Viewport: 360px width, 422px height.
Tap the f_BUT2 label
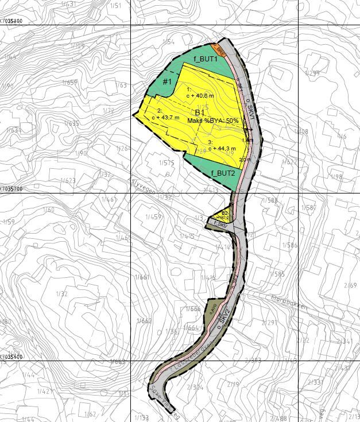point(222,173)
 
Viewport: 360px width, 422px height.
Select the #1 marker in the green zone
point(167,82)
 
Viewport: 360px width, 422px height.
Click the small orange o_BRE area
point(218,48)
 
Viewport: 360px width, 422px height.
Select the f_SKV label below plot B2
point(220,226)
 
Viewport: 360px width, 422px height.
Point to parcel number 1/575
point(168,163)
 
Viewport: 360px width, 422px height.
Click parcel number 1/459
point(152,216)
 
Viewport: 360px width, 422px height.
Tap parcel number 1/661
point(142,277)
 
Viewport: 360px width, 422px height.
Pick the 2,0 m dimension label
point(245,160)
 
